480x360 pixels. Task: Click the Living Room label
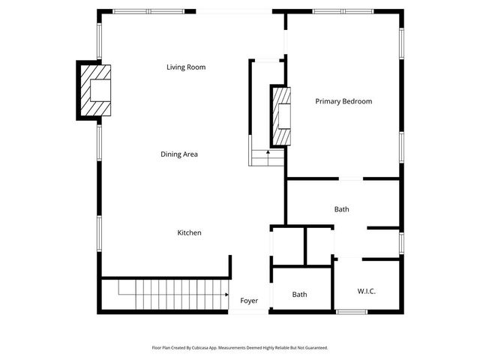[x=186, y=67]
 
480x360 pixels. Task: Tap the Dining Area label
[x=179, y=154]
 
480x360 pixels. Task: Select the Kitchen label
[x=189, y=232]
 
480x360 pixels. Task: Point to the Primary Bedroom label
[x=343, y=101]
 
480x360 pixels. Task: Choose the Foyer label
[x=249, y=301]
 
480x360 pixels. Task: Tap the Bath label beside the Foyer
[x=299, y=295]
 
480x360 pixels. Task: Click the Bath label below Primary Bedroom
[x=341, y=209]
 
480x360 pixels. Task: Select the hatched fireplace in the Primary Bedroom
[x=281, y=116]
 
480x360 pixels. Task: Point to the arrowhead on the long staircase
[x=226, y=295]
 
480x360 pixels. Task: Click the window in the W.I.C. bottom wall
[x=351, y=311]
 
